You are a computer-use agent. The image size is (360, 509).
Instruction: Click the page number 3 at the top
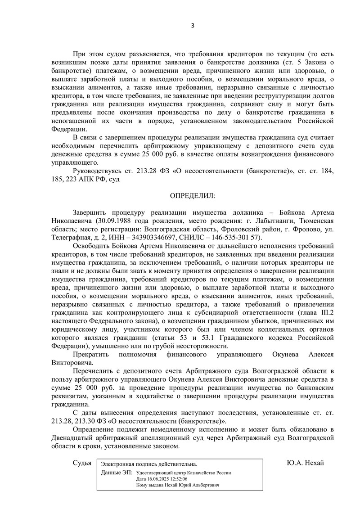(192, 25)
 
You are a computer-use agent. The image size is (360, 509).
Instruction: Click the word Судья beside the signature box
(82, 463)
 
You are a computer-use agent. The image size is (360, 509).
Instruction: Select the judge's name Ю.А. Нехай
(305, 463)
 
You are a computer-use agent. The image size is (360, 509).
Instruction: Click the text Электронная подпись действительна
(149, 464)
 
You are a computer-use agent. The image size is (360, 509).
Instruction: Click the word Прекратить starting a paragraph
(90, 355)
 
